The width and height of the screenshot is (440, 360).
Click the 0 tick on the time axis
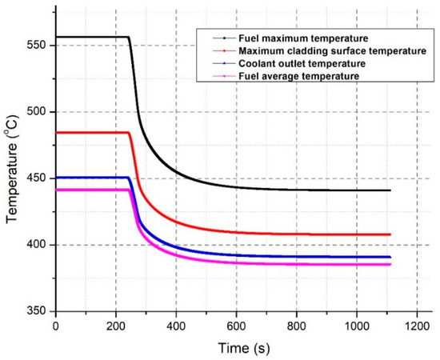[55, 326]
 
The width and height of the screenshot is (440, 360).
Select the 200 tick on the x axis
[115, 326]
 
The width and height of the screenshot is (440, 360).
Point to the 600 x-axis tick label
[236, 326]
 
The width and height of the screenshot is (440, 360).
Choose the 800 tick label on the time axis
[296, 326]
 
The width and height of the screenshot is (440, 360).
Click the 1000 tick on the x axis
[356, 326]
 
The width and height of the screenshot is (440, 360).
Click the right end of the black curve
[390, 190]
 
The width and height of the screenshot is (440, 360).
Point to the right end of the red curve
[390, 234]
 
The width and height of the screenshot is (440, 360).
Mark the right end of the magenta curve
[390, 264]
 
